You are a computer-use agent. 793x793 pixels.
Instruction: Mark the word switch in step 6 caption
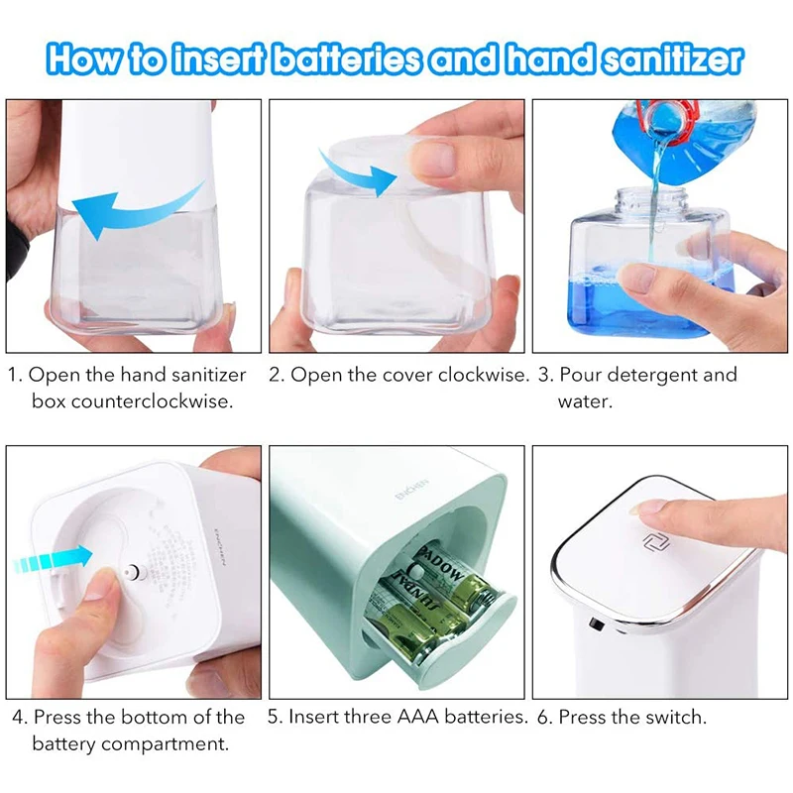(680, 717)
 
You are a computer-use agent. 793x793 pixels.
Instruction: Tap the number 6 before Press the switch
(543, 717)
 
